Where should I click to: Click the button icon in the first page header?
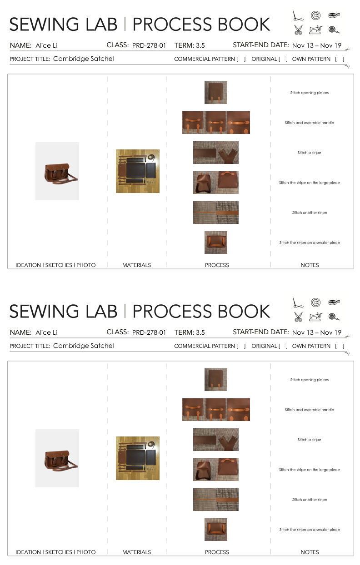315,15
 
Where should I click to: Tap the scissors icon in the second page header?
298,317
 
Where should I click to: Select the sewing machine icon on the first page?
315,30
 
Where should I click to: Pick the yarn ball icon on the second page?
334,317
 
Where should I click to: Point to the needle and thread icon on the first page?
298,15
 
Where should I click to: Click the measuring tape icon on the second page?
334,302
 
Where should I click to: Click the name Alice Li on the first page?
46,45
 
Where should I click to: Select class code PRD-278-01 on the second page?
149,332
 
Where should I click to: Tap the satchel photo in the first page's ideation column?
57,171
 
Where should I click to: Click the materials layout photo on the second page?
138,458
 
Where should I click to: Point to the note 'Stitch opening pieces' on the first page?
309,93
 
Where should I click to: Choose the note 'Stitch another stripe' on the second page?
310,500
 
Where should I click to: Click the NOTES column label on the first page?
310,265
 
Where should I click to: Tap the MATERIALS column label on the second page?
136,552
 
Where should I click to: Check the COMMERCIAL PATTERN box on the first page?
241,59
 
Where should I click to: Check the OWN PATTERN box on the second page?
340,346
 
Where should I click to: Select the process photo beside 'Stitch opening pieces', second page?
216,379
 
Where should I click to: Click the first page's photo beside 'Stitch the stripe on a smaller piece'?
216,243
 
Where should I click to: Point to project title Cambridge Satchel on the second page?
83,346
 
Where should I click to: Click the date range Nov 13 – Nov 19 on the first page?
316,45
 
